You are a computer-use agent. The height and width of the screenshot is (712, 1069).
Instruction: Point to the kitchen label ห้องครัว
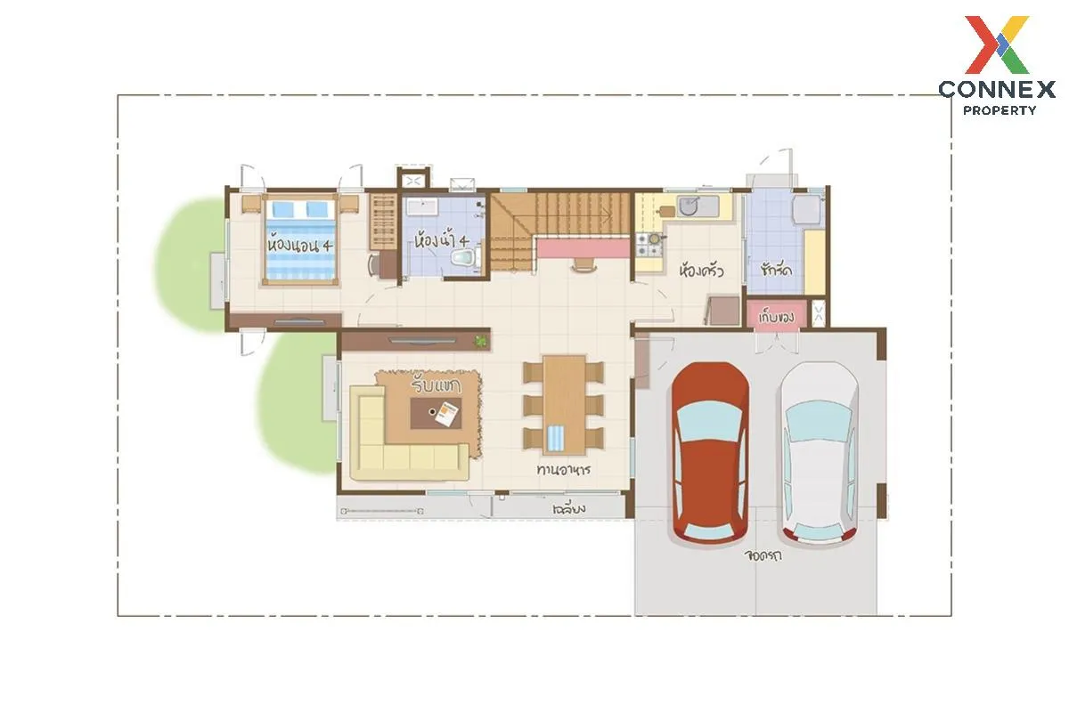point(702,271)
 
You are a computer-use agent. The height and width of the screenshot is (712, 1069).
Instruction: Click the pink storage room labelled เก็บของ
point(777,315)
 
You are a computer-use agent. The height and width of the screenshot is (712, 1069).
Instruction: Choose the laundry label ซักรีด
point(776,270)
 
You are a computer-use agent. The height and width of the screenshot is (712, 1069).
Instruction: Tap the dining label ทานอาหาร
point(564,469)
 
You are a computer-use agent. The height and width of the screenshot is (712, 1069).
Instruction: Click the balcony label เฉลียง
point(569,509)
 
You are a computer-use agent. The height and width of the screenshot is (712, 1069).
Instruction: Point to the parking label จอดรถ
point(763,555)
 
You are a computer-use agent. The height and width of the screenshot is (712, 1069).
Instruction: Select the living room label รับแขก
point(436,385)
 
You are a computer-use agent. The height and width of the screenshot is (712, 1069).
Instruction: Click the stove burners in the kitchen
point(649,244)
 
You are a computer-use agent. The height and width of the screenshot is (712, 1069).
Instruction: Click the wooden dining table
point(564,405)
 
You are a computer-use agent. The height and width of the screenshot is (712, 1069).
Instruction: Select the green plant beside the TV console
point(481,341)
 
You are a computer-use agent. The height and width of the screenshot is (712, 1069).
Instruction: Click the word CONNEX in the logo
point(997,89)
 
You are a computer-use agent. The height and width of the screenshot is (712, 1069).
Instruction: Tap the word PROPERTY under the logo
point(1000,110)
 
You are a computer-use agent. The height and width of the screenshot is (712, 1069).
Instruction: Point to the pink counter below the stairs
point(583,248)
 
